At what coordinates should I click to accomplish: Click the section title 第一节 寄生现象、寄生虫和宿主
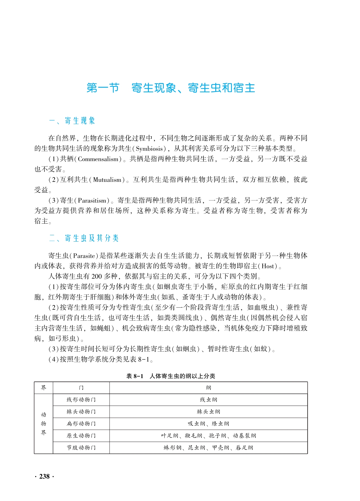171,88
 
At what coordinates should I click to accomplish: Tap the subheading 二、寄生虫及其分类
84,238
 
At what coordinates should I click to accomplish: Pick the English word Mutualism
107,180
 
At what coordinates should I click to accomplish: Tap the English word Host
268,266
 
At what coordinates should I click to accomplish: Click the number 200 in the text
96,276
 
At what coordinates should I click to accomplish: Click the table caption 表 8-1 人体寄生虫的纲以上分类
171,376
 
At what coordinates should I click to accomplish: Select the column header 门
81,388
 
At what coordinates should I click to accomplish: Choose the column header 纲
208,388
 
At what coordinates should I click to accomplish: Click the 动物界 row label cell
43,423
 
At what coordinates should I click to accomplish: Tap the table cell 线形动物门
81,400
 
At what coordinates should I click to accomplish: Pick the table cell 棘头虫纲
208,412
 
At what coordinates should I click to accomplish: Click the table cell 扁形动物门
81,423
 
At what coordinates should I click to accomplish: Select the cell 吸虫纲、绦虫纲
208,423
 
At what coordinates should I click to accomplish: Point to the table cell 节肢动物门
81,448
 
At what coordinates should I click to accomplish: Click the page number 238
44,476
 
